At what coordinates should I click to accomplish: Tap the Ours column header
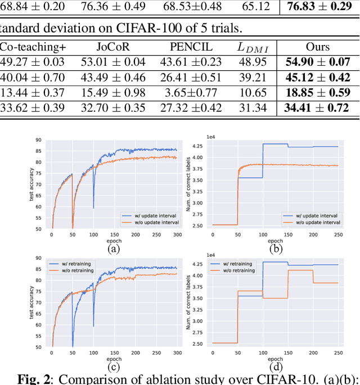[x=318, y=48]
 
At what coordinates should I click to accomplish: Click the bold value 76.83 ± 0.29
[x=318, y=8]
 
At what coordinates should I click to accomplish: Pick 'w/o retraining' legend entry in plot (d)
[x=237, y=270]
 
